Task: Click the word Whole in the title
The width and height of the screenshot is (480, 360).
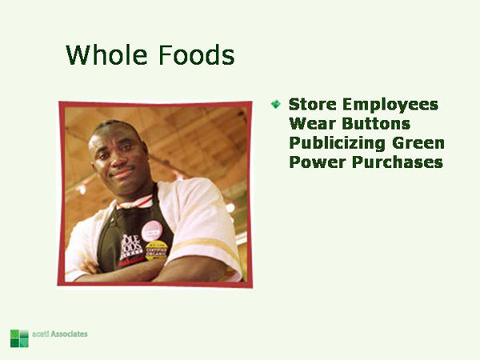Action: [103, 55]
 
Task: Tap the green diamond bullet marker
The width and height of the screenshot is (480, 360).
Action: [276, 104]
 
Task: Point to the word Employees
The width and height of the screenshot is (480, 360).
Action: [390, 105]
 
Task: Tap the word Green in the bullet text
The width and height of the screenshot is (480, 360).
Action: [418, 143]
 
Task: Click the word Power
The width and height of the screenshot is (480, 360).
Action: [314, 162]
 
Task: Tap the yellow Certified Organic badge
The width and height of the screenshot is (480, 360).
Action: [156, 252]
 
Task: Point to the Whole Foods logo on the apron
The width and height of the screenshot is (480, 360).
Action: [130, 248]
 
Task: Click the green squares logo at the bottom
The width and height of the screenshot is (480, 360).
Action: [18, 337]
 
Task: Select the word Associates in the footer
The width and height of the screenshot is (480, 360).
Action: [70, 334]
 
